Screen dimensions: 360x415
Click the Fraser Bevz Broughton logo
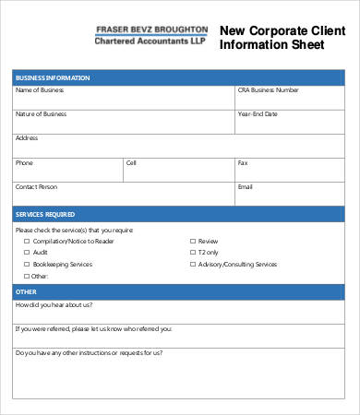point(151,35)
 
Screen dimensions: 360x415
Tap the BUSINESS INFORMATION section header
point(180,77)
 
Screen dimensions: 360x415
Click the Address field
point(180,146)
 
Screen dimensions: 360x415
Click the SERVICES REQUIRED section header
point(180,214)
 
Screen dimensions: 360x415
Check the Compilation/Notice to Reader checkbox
point(25,241)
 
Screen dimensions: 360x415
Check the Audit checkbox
point(25,252)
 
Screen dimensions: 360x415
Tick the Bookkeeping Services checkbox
point(25,264)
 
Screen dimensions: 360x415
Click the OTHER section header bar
point(180,291)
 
